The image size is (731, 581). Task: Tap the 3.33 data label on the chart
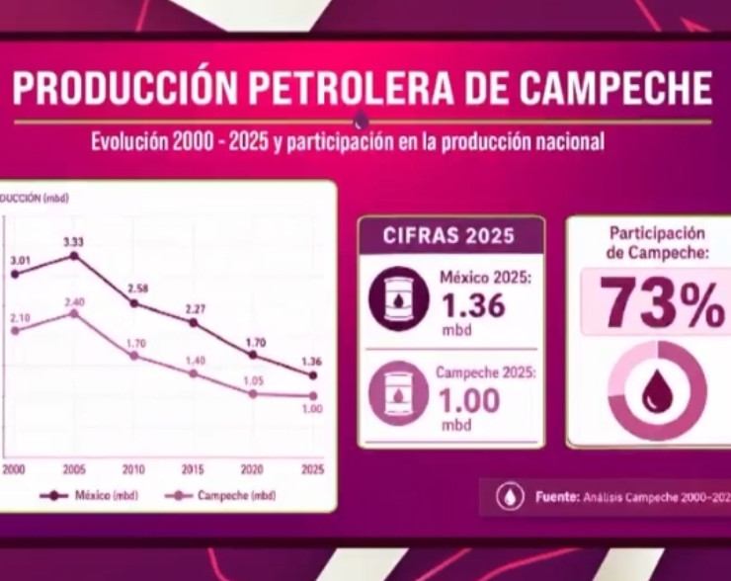click(73, 241)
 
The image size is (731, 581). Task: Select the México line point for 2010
click(134, 303)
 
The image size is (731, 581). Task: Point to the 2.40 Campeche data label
click(73, 300)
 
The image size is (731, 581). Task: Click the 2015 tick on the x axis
click(195, 469)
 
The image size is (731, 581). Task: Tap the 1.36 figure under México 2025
click(471, 306)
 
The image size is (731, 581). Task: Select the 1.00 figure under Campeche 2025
click(468, 400)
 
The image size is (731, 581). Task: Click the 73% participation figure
click(662, 302)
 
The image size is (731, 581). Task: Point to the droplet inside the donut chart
click(657, 390)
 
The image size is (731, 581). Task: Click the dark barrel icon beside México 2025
click(399, 299)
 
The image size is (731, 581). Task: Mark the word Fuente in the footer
click(555, 497)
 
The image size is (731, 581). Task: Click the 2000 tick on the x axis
click(14, 469)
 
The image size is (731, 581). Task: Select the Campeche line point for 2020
click(254, 393)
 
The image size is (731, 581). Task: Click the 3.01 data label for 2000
click(21, 260)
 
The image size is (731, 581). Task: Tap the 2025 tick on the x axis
click(313, 469)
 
